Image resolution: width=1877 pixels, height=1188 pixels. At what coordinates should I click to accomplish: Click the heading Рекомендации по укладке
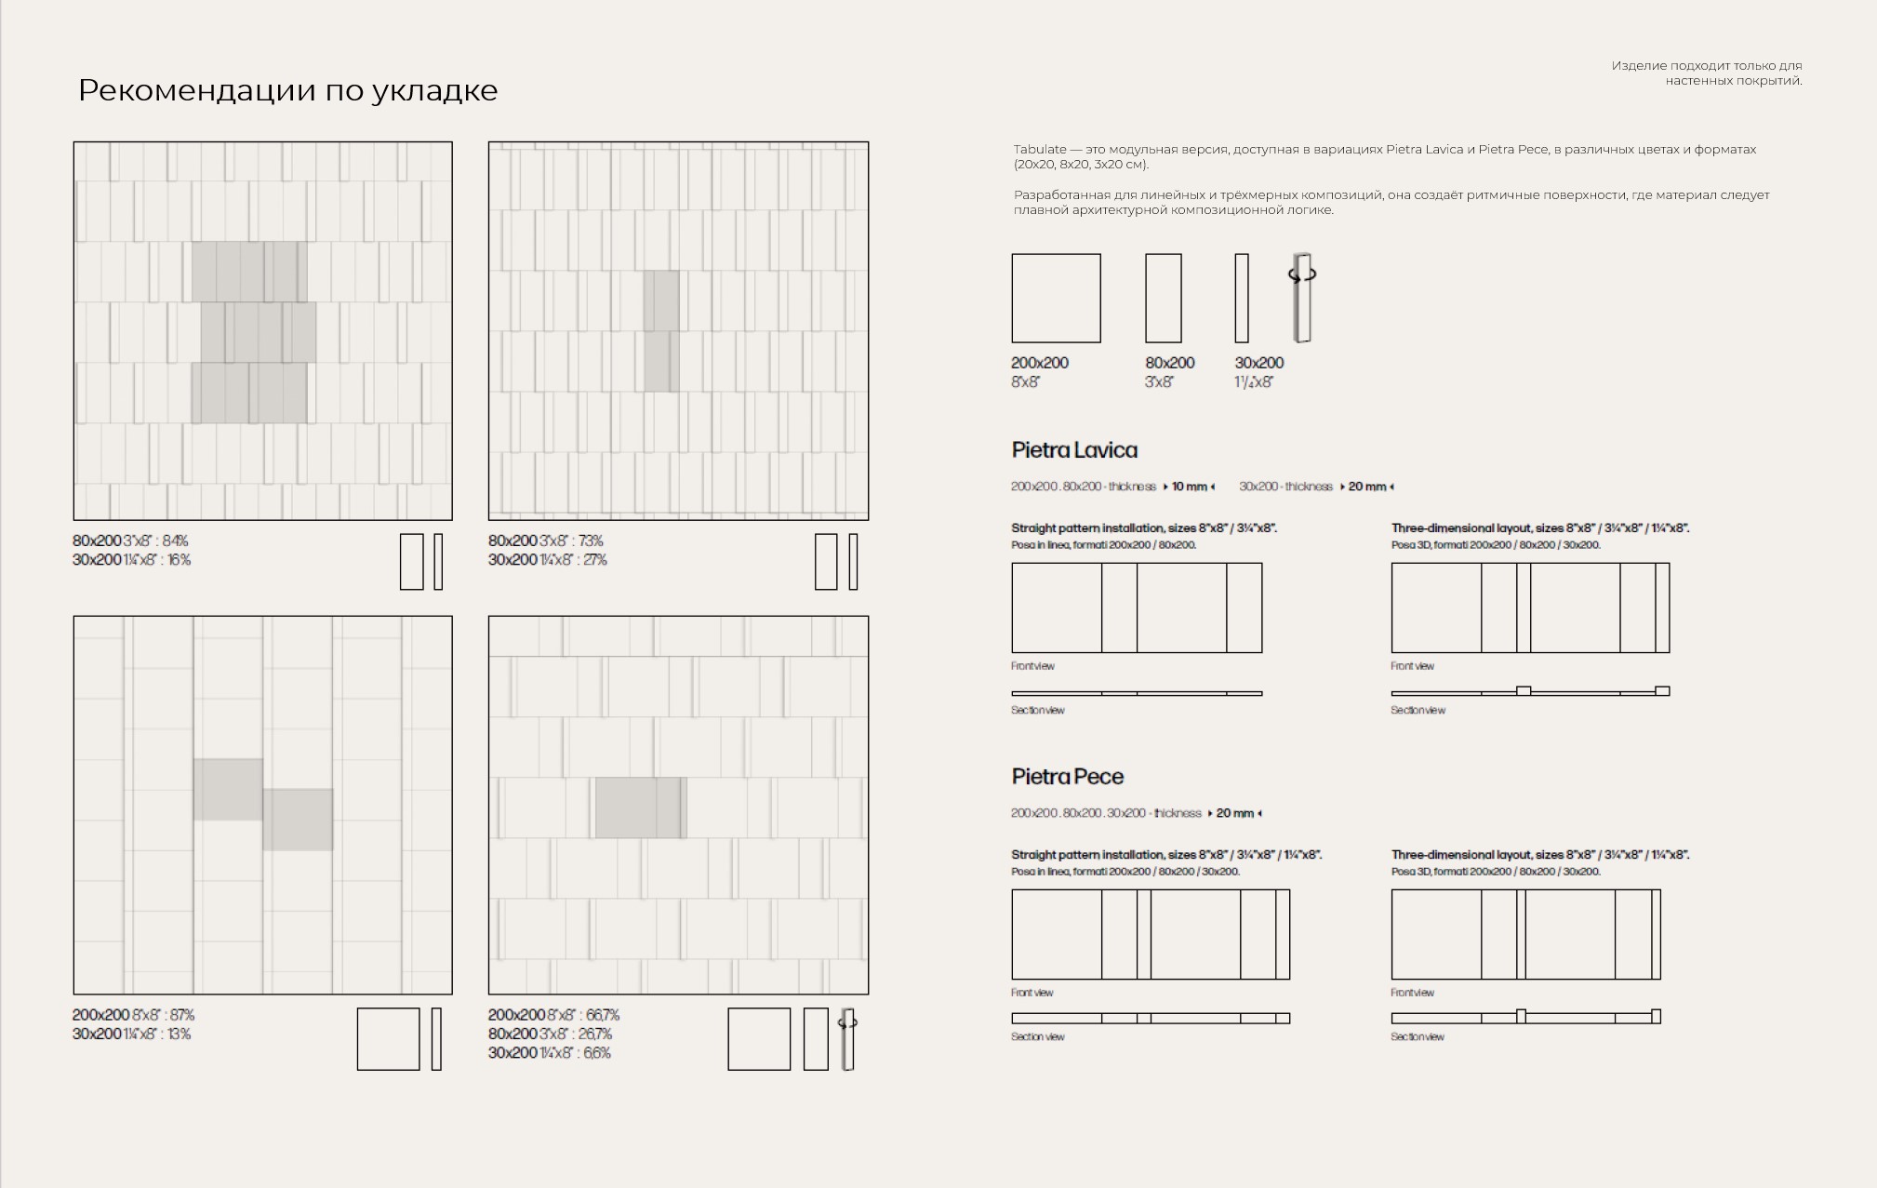tap(287, 90)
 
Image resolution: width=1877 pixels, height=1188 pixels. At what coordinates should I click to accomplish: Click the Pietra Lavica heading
tap(1074, 450)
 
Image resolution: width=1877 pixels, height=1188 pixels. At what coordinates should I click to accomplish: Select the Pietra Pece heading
tap(1067, 777)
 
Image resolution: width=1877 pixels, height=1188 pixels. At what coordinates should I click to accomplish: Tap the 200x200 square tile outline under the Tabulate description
tap(1056, 298)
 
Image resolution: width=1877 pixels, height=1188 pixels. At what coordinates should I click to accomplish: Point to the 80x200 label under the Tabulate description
tap(1169, 363)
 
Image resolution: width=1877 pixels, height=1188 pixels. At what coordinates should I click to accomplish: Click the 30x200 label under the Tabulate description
tap(1258, 363)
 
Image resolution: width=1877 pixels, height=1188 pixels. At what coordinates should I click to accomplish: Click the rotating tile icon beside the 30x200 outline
tap(1302, 297)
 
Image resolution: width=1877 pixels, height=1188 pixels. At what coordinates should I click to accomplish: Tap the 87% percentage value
tap(181, 1015)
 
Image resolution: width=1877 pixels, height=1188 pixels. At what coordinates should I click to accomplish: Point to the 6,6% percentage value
tap(597, 1053)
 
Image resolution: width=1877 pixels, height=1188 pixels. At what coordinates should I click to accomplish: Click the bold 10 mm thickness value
tap(1189, 487)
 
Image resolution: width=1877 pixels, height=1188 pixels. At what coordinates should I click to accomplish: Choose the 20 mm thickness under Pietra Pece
tap(1234, 813)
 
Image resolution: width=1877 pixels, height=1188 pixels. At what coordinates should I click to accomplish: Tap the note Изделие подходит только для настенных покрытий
tap(1707, 73)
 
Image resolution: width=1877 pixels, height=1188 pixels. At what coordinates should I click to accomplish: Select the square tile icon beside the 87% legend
tap(388, 1039)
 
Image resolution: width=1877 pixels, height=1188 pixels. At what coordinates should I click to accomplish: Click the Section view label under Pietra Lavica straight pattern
tap(1037, 711)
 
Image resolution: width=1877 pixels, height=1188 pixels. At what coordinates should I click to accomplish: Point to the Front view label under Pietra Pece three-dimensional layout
tap(1412, 993)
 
